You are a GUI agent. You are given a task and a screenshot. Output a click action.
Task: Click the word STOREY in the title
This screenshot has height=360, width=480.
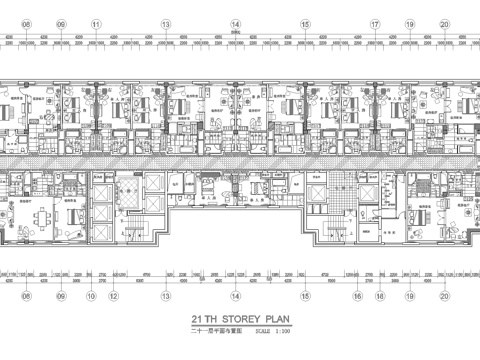pyautogui.click(x=239, y=316)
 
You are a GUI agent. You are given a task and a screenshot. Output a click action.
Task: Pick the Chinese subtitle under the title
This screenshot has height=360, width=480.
pyautogui.click(x=213, y=329)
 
